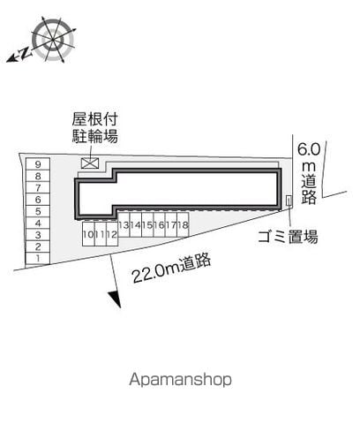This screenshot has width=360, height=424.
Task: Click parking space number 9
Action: [x=38, y=164]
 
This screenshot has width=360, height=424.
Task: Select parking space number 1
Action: [x=38, y=258]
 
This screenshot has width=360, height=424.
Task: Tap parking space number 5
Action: [x=38, y=211]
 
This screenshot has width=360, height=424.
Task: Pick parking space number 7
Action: [x=38, y=187]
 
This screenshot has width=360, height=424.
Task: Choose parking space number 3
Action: [x=38, y=235]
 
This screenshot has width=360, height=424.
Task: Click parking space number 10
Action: [x=88, y=234]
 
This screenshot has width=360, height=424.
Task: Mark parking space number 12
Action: [x=112, y=234]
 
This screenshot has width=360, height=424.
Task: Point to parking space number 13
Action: [x=124, y=224]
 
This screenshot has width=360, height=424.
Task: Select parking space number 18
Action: [x=183, y=224]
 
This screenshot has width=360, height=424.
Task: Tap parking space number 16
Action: [x=159, y=224]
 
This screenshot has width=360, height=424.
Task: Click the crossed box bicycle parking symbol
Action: [x=90, y=163]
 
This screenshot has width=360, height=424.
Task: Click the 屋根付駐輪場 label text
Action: [x=95, y=128]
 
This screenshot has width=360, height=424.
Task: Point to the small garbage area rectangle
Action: [x=289, y=201]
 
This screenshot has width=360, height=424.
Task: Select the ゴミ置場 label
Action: [x=288, y=236]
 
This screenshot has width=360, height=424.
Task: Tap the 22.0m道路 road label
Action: [x=172, y=268]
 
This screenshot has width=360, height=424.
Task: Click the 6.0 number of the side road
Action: [x=309, y=149]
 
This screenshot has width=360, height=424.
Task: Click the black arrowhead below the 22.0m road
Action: [x=116, y=299]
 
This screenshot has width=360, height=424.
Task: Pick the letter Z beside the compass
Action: [x=26, y=53]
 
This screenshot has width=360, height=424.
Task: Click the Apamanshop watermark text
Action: [x=180, y=380]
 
